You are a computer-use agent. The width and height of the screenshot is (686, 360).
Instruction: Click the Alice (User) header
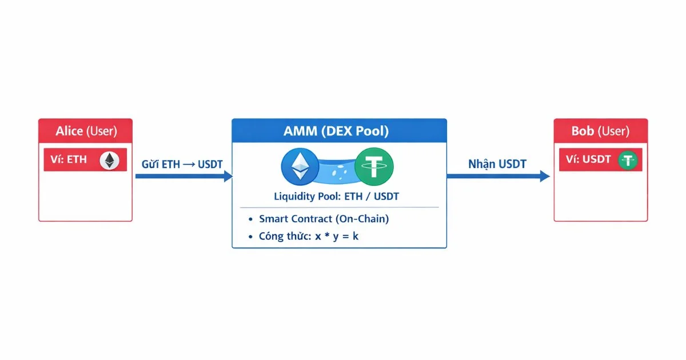coord(85,131)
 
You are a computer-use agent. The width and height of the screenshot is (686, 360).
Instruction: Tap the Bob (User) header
coord(600,131)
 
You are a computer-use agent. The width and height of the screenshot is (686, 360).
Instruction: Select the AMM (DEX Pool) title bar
coord(339,131)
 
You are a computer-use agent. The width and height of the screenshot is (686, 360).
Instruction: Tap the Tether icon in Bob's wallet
coord(628,161)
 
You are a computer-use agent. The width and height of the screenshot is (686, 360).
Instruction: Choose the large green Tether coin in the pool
coord(374,166)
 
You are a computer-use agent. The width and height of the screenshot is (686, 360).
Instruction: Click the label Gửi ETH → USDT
coord(182,165)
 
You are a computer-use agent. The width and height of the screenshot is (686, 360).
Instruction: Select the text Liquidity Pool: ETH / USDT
coord(337,197)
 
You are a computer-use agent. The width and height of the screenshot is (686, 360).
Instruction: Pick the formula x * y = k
coord(337,236)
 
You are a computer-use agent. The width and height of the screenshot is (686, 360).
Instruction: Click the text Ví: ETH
coord(68,160)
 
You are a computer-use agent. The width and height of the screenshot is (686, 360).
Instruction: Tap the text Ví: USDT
coord(589,160)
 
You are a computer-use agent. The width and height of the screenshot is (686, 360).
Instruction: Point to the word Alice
coord(69,131)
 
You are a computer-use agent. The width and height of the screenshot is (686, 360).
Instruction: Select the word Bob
coord(583,131)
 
